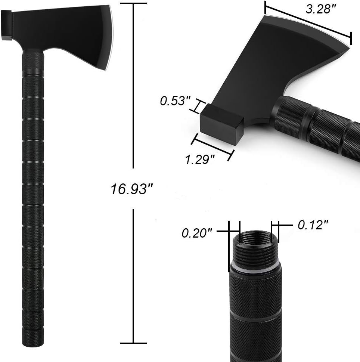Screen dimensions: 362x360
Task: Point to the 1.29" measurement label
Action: point(200,160)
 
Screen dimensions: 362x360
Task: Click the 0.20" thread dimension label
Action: point(197,233)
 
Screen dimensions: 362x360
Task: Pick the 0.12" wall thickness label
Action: point(313,225)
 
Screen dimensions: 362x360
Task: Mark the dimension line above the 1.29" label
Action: point(212,147)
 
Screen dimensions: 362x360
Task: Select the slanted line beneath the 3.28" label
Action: point(308,21)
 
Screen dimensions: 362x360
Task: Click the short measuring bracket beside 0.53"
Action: point(197,106)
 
